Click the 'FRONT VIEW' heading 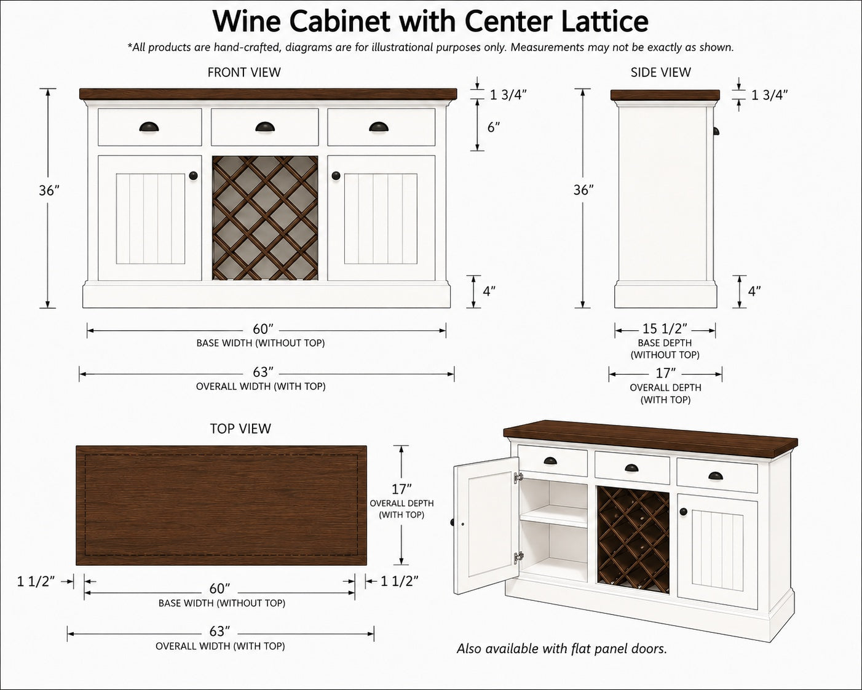pos(244,72)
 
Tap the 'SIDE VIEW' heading pos(660,72)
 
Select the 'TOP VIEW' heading pos(240,429)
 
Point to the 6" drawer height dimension pos(494,127)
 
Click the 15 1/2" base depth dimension pos(665,328)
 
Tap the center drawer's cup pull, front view pos(265,127)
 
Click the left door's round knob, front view pos(193,175)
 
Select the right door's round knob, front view pos(336,175)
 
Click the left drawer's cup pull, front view pos(149,127)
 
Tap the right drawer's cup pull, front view pos(379,127)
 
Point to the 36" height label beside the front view pos(49,190)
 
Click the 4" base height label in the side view pos(754,291)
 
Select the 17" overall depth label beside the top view pos(401,489)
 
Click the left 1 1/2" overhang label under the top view pos(36,581)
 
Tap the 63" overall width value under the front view pos(263,372)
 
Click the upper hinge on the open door pos(519,477)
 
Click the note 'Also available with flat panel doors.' pos(561,649)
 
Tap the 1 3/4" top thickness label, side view pos(769,95)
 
